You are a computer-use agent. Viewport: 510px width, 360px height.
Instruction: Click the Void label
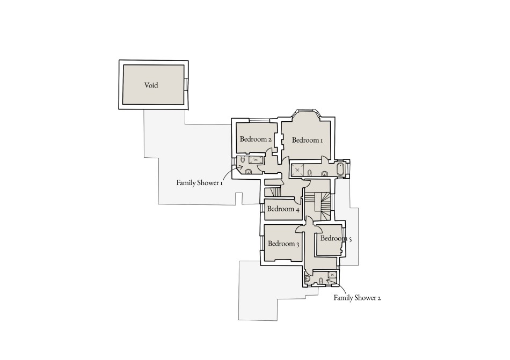click(151, 85)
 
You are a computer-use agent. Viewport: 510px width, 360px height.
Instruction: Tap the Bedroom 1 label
click(307, 140)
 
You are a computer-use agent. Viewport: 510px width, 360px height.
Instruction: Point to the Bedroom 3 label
click(283, 244)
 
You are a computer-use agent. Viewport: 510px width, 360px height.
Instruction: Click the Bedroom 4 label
click(283, 209)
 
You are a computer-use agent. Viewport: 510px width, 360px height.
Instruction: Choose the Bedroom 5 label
click(336, 239)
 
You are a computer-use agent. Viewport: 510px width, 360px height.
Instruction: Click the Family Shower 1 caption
click(199, 183)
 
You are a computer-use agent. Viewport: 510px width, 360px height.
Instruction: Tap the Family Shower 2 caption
click(357, 297)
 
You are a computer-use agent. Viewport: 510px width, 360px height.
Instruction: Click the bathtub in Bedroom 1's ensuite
click(340, 170)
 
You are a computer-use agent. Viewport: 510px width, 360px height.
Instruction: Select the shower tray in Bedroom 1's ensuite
click(297, 171)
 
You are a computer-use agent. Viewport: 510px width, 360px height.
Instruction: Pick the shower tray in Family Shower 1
click(256, 160)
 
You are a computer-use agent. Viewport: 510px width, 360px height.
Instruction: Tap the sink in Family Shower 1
click(248, 172)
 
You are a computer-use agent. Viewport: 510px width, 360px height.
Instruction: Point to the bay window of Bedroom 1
click(307, 112)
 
